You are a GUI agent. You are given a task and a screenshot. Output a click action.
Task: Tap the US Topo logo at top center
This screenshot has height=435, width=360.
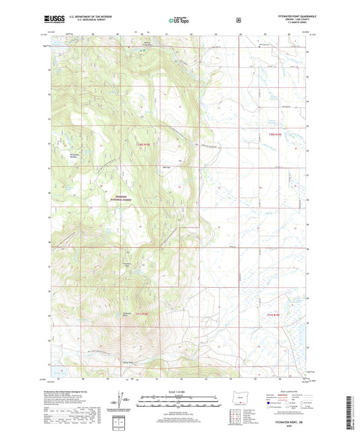(179, 21)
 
